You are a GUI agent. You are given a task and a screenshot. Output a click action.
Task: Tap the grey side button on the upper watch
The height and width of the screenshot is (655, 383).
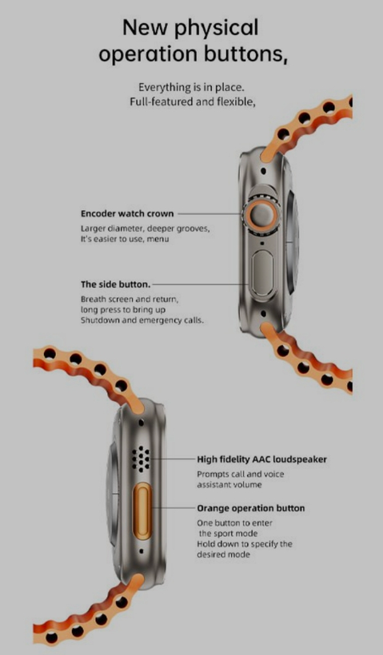tap(262, 274)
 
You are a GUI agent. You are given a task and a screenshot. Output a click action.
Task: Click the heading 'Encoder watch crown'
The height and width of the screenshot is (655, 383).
tap(127, 214)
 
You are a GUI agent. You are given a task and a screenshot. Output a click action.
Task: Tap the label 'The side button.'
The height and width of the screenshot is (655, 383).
tap(115, 284)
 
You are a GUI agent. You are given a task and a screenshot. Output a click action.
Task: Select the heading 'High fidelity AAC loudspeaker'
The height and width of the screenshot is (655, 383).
tap(261, 459)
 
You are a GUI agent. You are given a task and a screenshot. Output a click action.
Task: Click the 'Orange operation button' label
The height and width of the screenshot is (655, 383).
tap(251, 508)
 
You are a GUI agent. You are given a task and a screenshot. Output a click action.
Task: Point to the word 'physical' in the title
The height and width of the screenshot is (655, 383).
tap(216, 29)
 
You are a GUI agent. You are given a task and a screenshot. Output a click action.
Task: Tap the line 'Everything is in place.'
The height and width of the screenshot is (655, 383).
tap(192, 87)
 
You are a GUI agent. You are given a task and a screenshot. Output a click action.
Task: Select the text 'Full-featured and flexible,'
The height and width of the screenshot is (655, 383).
tap(193, 101)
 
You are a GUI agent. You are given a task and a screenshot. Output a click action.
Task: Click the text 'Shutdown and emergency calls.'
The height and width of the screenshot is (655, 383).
tap(142, 320)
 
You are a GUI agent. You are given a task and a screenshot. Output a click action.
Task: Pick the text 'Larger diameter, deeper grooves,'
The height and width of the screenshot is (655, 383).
tap(145, 229)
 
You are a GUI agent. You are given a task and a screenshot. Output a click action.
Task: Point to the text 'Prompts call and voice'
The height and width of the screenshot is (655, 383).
tap(241, 474)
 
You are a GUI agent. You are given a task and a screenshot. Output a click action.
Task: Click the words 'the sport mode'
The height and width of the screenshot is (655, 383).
tap(229, 534)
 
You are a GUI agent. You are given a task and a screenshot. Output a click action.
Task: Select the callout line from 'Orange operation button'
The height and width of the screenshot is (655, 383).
tap(173, 508)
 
